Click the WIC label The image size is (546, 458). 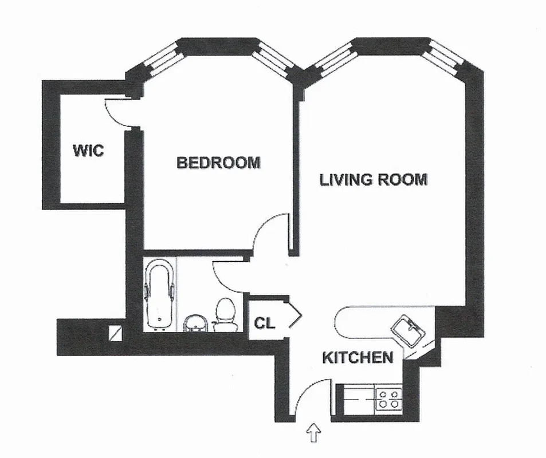coord(88,151)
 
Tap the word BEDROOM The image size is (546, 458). coord(218,163)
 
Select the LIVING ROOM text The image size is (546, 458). coord(373,180)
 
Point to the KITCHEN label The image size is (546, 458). coord(358,358)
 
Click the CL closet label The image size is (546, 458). coord(265,323)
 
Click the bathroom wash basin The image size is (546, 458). coord(196,323)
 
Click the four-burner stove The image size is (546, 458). coord(388,398)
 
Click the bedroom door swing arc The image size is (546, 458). coord(269,232)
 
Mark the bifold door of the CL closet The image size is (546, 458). coord(294,315)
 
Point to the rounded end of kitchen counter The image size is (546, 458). coord(342,322)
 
